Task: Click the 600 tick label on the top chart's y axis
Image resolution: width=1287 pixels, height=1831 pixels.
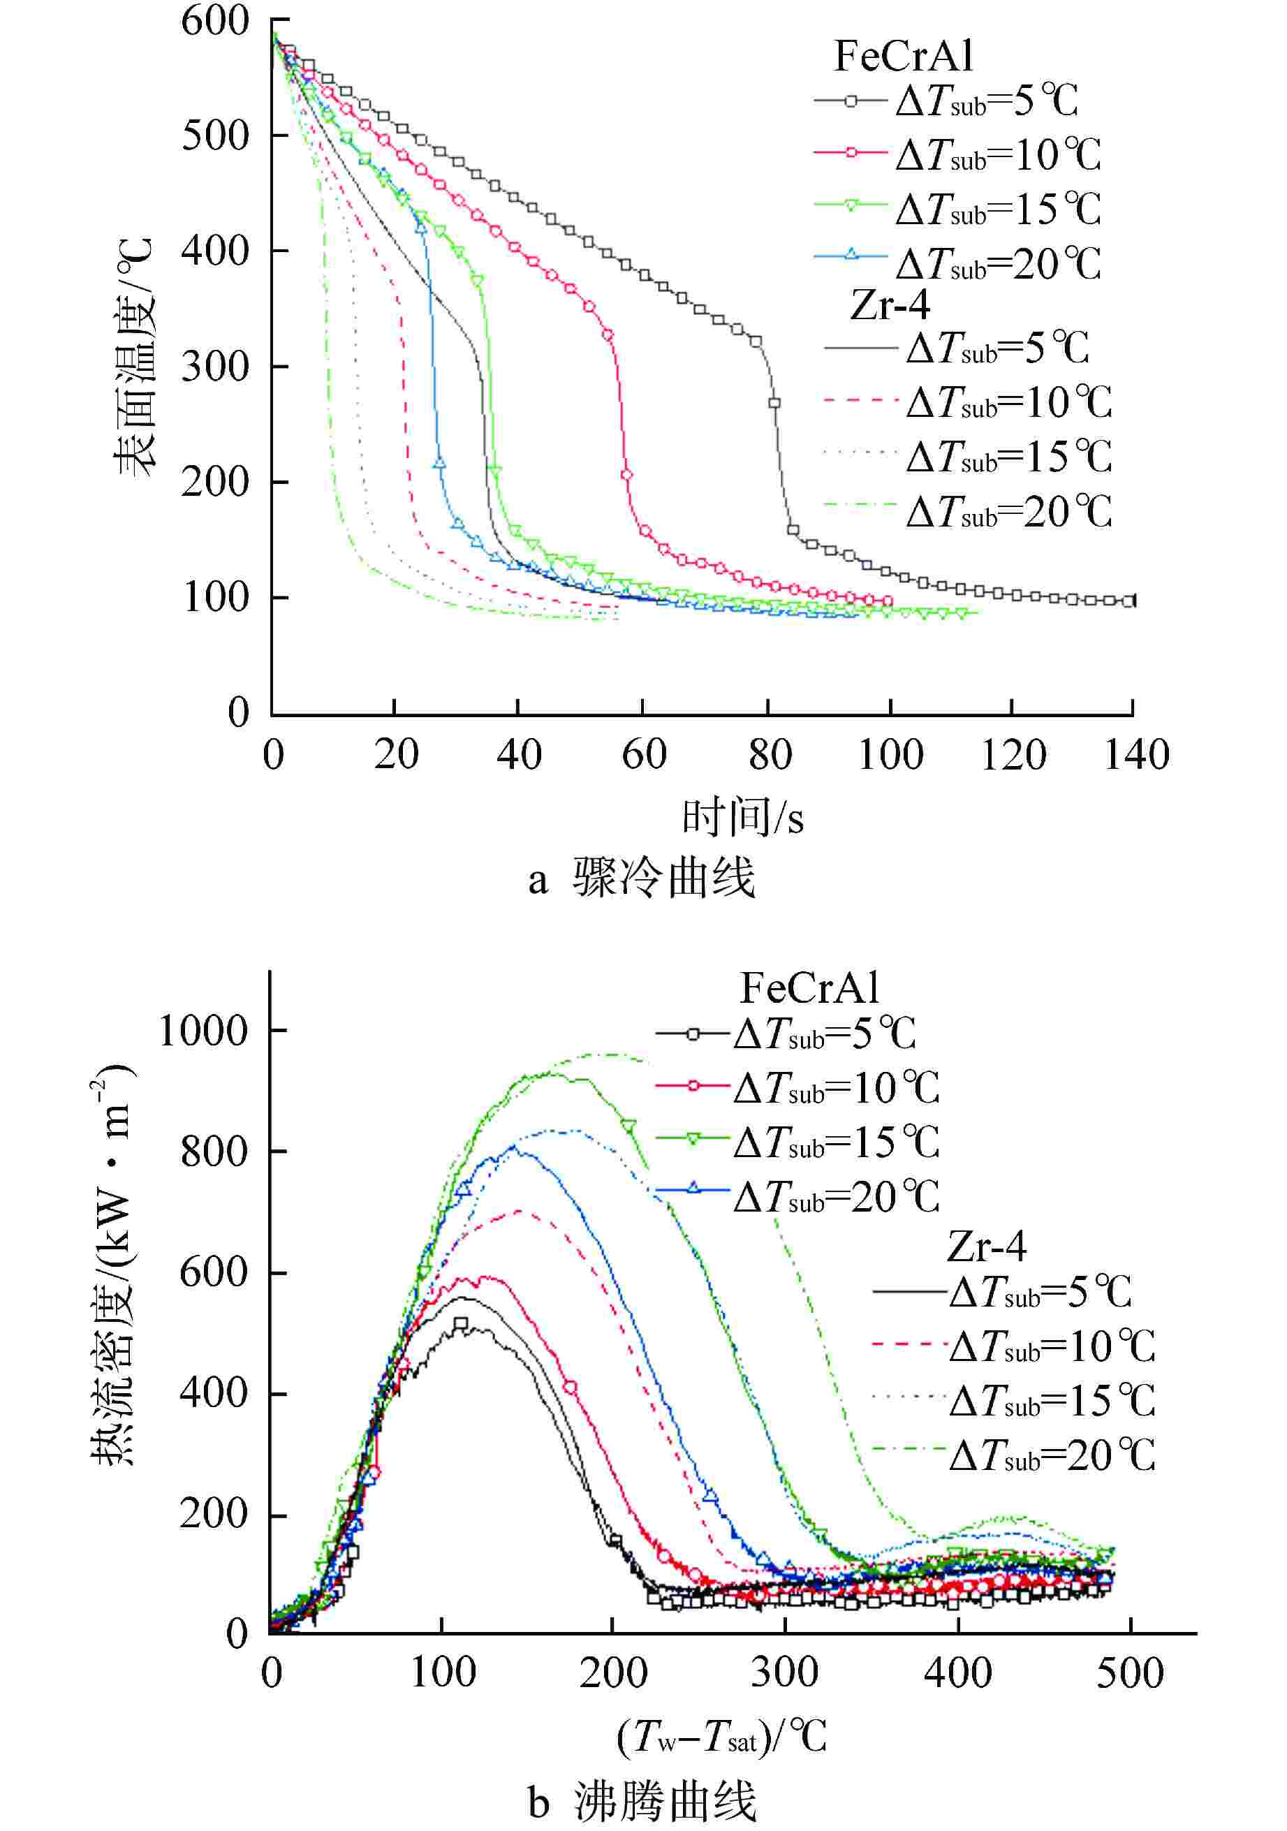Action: (x=215, y=22)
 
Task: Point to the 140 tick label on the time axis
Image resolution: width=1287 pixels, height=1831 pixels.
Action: (x=1135, y=753)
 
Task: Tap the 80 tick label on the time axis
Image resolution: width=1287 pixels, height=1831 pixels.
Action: (x=770, y=753)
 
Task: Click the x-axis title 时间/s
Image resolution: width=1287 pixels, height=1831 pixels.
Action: (x=742, y=818)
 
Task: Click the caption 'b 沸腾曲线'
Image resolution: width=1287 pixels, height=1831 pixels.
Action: (x=642, y=1802)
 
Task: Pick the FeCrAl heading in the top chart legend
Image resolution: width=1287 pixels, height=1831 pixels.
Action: (x=904, y=56)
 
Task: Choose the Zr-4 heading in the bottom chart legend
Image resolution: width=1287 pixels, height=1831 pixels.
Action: (x=987, y=1246)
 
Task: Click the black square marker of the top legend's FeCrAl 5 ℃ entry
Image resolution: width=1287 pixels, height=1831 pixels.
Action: (x=851, y=101)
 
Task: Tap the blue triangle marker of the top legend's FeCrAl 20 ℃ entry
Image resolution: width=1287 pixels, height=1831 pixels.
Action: (x=851, y=255)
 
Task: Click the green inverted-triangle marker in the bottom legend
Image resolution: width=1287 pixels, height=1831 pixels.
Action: (x=692, y=1139)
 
